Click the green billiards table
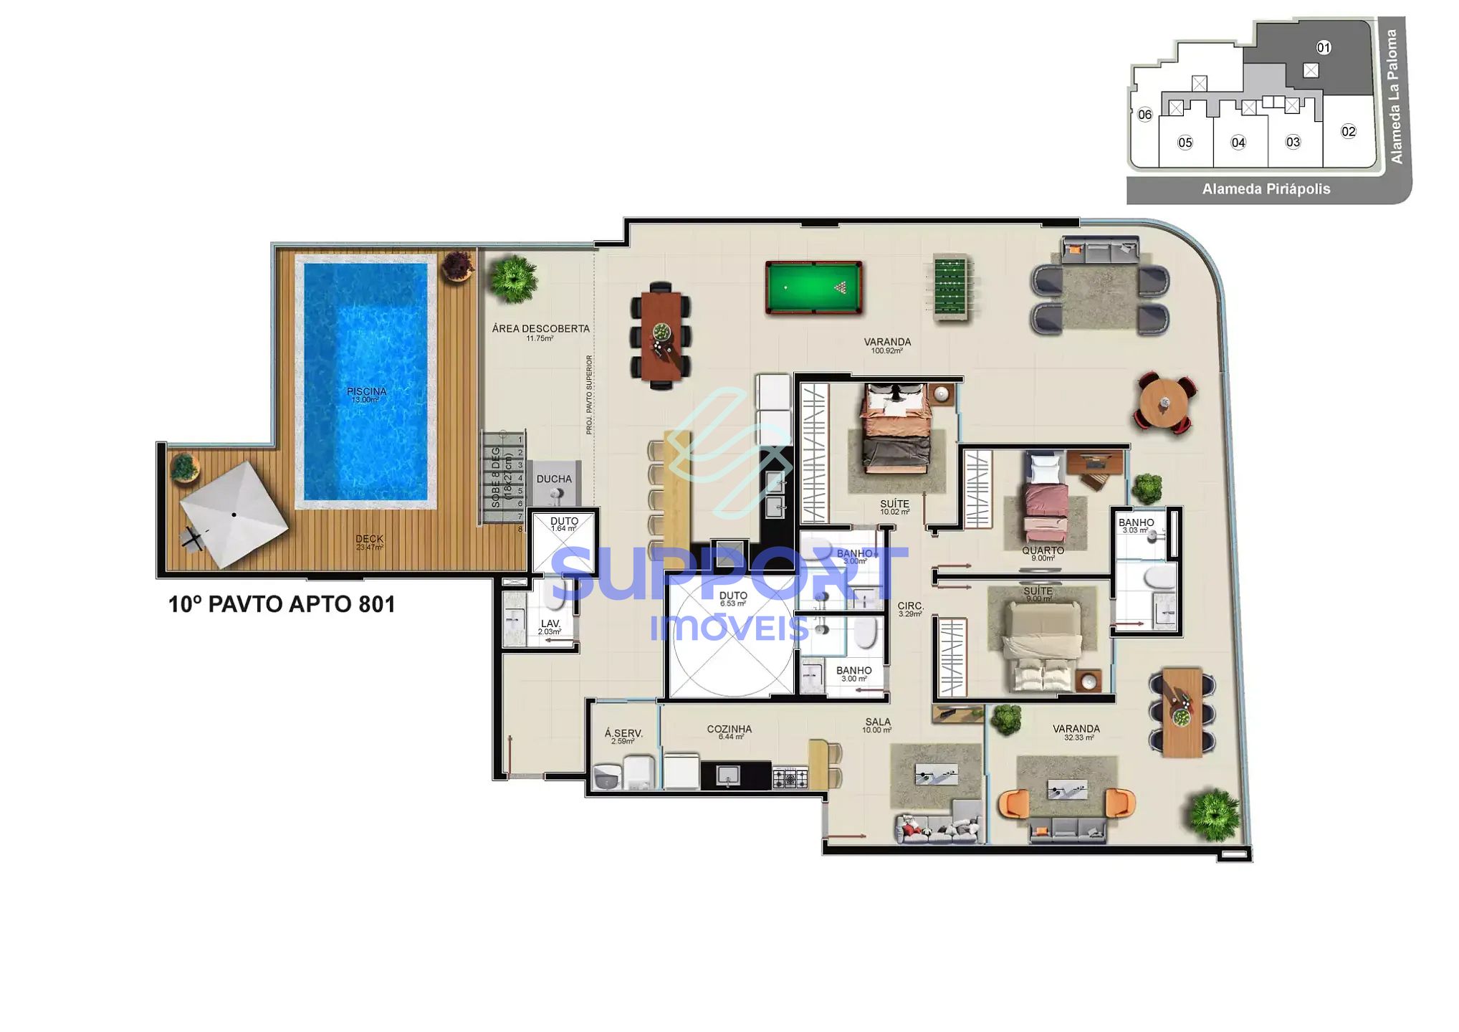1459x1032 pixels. coord(813,287)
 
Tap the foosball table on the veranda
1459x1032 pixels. coord(951,288)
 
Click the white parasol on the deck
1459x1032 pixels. coord(234,514)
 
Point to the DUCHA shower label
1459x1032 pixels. coord(554,479)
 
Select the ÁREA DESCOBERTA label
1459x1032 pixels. coord(540,332)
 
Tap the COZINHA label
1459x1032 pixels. coord(729,732)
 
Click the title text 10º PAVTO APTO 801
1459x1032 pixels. coord(282,604)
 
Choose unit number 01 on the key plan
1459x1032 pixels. coord(1323,47)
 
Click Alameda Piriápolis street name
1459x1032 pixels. coord(1266,189)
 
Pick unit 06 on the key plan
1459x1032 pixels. coord(1144,115)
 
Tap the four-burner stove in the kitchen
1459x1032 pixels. coord(790,778)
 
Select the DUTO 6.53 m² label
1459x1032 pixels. coord(732,598)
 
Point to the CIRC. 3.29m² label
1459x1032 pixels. coord(910,609)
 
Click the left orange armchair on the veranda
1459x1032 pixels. coord(1013,803)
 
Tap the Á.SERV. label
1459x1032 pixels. coord(623,736)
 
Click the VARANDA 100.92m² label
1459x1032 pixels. coord(886,345)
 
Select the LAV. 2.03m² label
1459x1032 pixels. coord(550,627)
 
